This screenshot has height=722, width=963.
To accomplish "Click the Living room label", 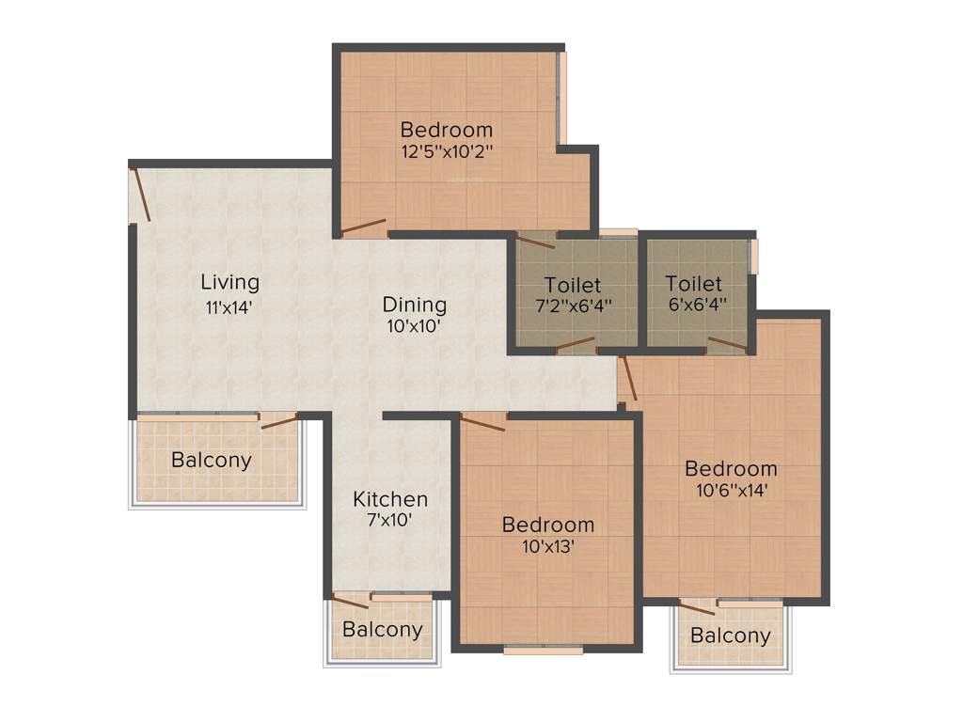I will pyautogui.click(x=229, y=282).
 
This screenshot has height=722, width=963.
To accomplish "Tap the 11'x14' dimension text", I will pyautogui.click(x=229, y=306).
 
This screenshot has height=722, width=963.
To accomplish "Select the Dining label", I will pyautogui.click(x=414, y=305).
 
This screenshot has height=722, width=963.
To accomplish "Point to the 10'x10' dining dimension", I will pyautogui.click(x=414, y=327).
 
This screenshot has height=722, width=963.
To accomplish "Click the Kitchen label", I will pyautogui.click(x=390, y=499).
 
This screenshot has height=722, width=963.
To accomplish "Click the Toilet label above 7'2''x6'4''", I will pyautogui.click(x=572, y=284).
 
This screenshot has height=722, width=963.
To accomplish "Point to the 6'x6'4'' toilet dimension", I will pyautogui.click(x=695, y=305).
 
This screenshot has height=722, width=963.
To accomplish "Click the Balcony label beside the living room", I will pyautogui.click(x=212, y=461).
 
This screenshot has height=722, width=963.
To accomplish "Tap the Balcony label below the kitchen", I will pyautogui.click(x=382, y=630).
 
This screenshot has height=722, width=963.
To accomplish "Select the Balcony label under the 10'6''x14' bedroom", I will pyautogui.click(x=730, y=636).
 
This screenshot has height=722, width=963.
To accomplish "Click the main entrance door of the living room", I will pyautogui.click(x=139, y=194).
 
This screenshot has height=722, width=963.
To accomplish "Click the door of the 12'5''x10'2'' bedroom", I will pyautogui.click(x=363, y=228).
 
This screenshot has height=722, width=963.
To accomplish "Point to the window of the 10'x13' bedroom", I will pyautogui.click(x=542, y=649).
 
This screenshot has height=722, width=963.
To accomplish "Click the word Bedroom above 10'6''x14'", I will pyautogui.click(x=731, y=468).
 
